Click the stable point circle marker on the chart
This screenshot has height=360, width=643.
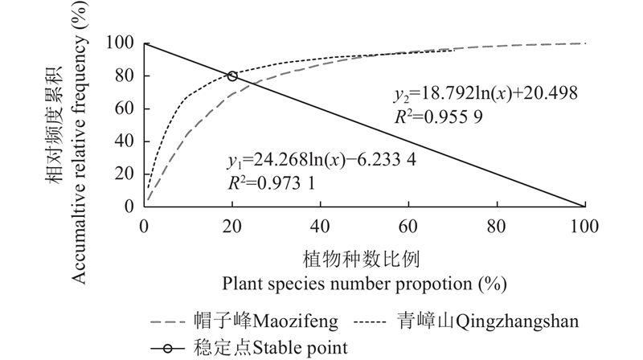click(x=232, y=76)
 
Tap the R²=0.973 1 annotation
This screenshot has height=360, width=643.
click(x=268, y=182)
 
